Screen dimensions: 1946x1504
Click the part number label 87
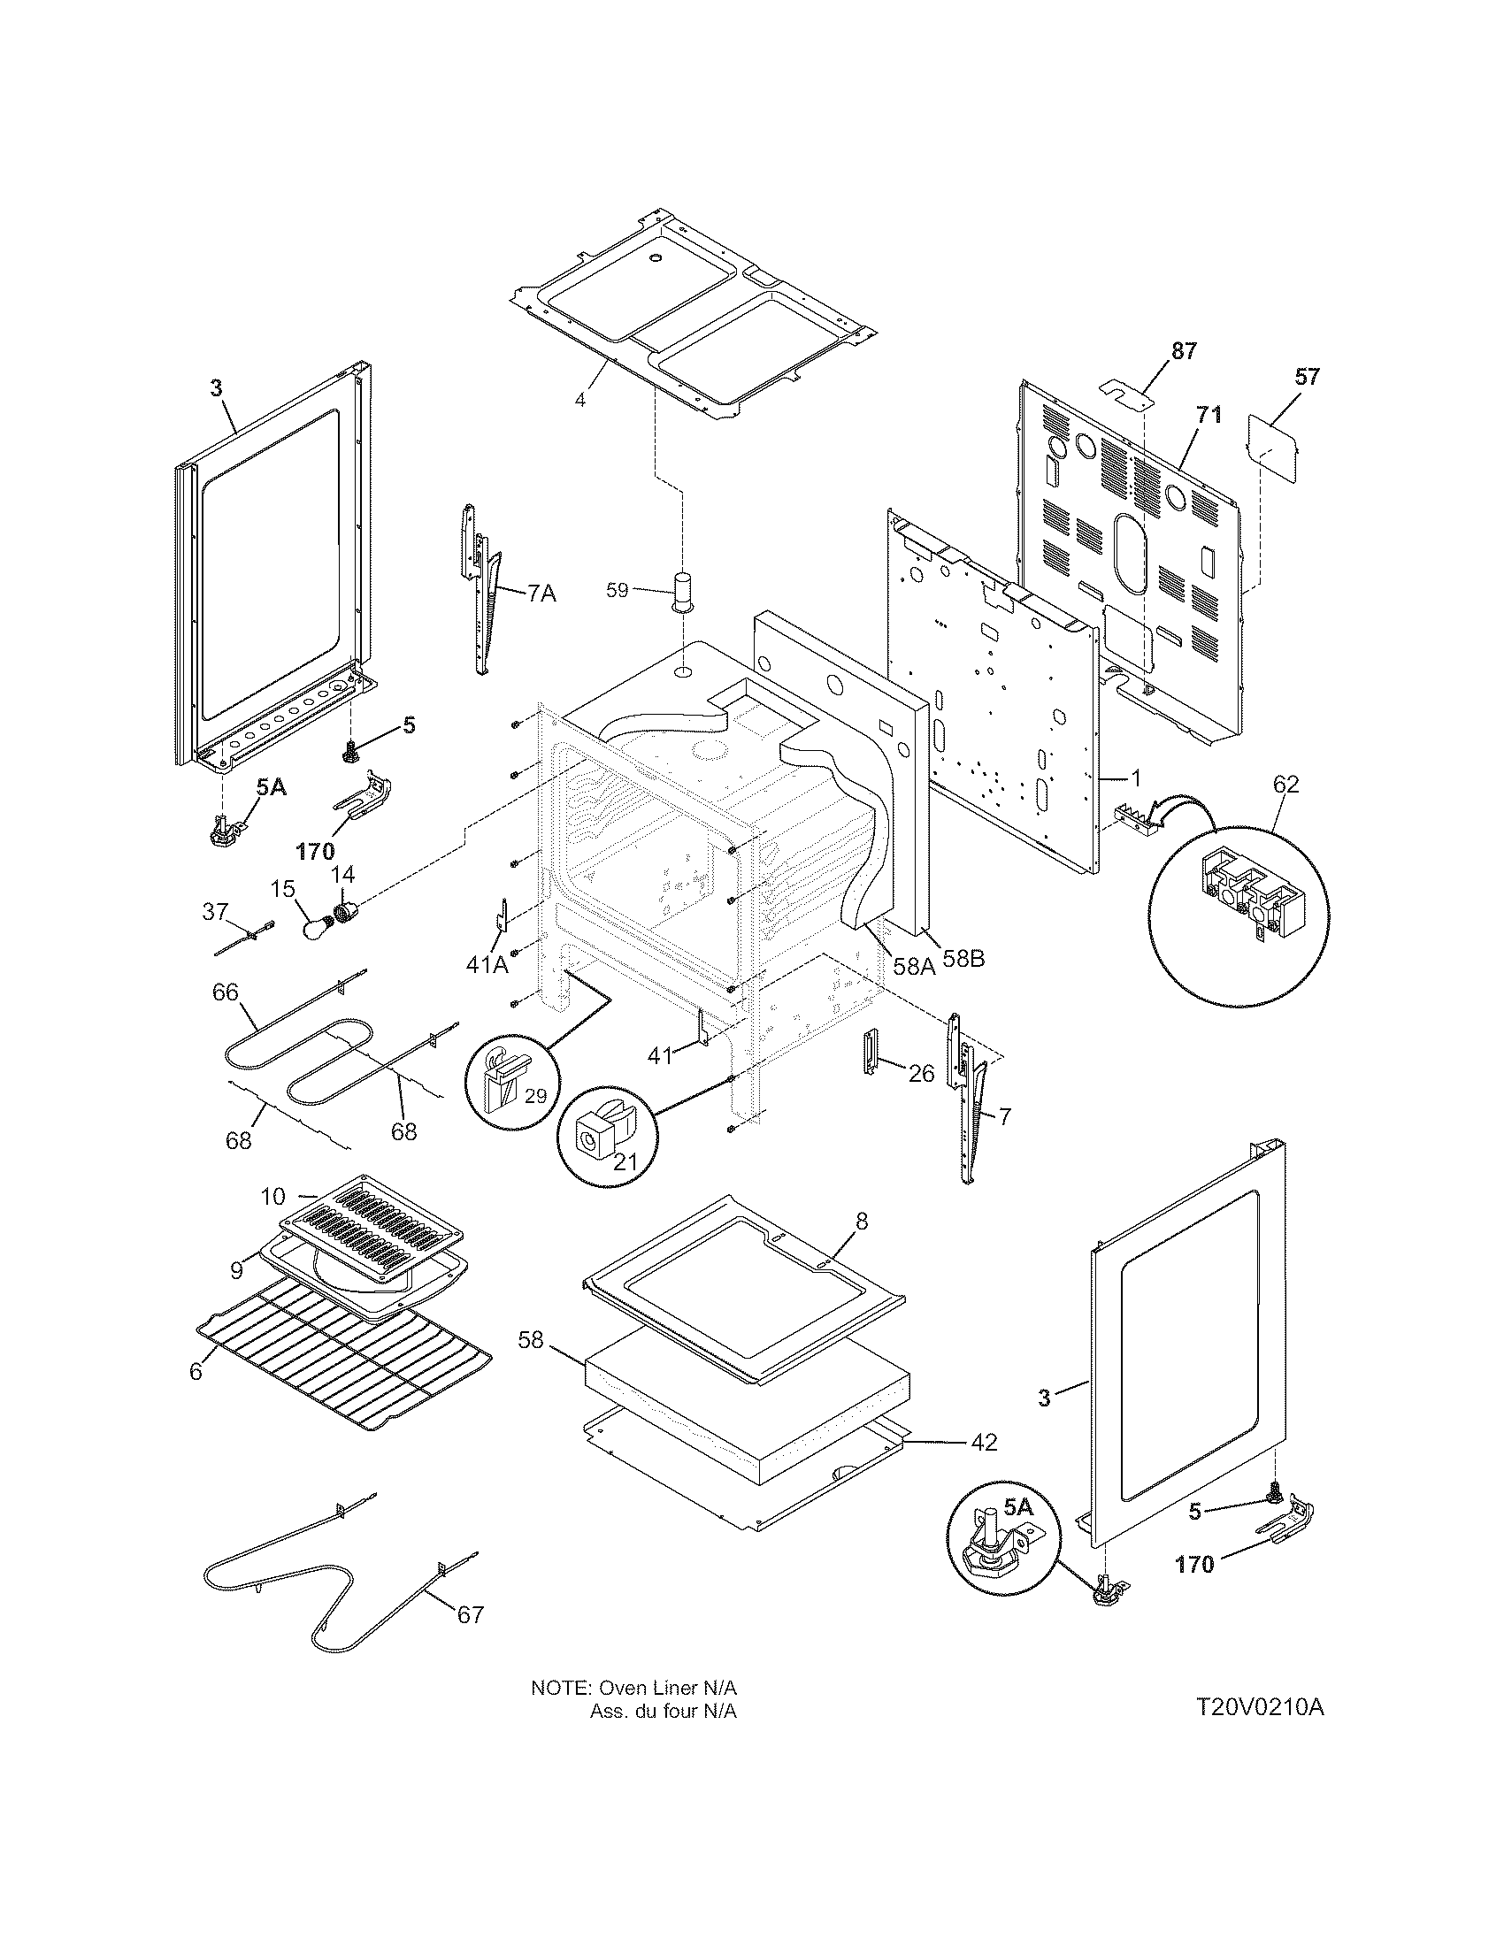pyautogui.click(x=1183, y=351)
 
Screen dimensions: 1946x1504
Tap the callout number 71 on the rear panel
pyautogui.click(x=1210, y=415)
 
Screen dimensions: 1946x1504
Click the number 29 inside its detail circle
pyautogui.click(x=534, y=1096)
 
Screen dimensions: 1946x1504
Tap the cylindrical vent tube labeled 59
pyautogui.click(x=684, y=591)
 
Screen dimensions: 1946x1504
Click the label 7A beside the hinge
pyautogui.click(x=541, y=593)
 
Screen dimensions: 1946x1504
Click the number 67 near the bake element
pyautogui.click(x=470, y=1614)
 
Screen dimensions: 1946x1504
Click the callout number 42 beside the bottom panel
pyautogui.click(x=983, y=1442)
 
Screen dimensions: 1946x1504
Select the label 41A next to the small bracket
pyautogui.click(x=487, y=963)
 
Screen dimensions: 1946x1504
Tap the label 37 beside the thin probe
pyautogui.click(x=215, y=910)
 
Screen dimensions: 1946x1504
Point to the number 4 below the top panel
pyautogui.click(x=580, y=400)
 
